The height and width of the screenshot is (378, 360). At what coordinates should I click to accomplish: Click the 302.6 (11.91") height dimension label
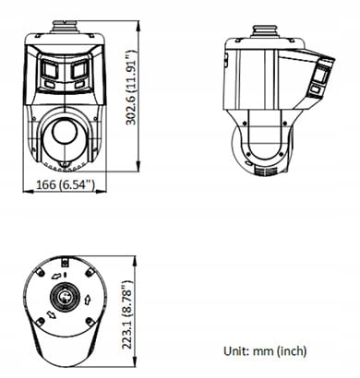tap(133, 89)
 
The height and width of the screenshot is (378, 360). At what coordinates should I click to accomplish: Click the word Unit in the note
tap(237, 350)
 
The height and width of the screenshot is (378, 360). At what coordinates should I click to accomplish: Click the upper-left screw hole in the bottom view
tap(39, 274)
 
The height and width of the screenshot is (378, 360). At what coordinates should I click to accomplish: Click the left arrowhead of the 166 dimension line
tap(24, 192)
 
